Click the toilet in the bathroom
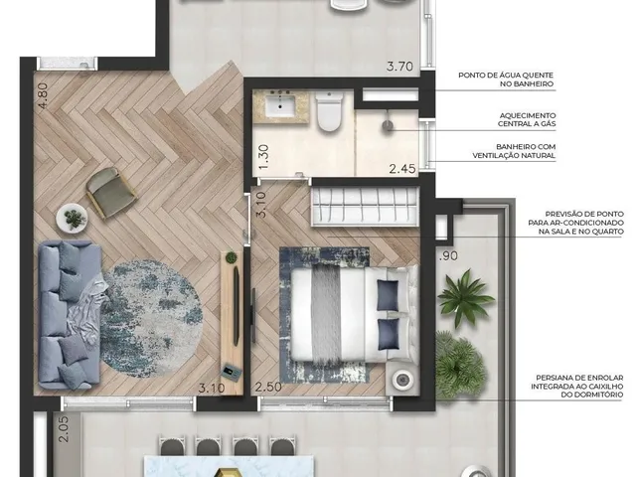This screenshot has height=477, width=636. pos(329,111)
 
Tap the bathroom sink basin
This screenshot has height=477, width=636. pos(281,105)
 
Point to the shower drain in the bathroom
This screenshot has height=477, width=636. pos(388,126)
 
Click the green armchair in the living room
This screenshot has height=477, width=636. pos(111,192)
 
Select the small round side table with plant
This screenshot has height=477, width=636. pos(72,219)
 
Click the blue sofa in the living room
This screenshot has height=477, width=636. pos(70,315)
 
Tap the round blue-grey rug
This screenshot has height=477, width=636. pos(151,319)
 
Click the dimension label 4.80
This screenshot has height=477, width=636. pos(42,95)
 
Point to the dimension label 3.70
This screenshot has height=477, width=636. pos(399,67)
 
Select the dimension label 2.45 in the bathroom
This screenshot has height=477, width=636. pos(402,168)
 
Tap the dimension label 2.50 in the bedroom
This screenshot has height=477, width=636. pos(268,387)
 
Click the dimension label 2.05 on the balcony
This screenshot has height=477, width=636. pos(64,429)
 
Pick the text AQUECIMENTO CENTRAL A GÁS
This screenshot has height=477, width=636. pos(527,119)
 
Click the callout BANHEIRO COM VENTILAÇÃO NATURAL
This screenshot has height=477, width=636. pos(514,151)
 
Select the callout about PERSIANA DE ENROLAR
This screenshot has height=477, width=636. pos(577,386)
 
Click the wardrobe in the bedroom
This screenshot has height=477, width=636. pos(365,206)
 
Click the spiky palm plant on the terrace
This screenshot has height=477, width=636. pos(466,298)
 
